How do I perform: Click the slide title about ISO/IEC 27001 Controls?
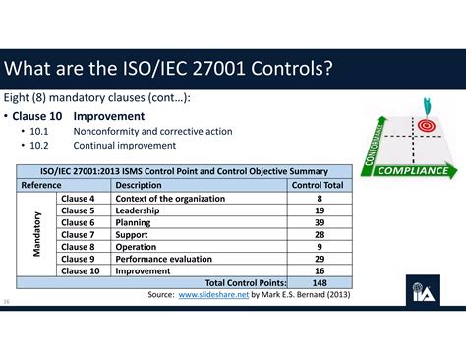[167, 70]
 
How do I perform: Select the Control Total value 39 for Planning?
[320, 222]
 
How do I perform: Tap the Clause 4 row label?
[78, 199]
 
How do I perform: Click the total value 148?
[320, 282]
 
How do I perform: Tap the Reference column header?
[41, 185]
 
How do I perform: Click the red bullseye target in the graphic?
[426, 127]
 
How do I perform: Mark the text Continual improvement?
[119, 145]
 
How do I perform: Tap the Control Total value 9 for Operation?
[320, 246]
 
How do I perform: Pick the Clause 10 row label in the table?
[80, 270]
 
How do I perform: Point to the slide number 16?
[8, 301]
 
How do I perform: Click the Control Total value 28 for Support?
[320, 234]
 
